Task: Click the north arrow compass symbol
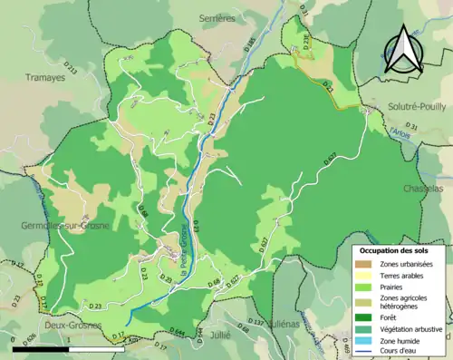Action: click(x=404, y=50)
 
